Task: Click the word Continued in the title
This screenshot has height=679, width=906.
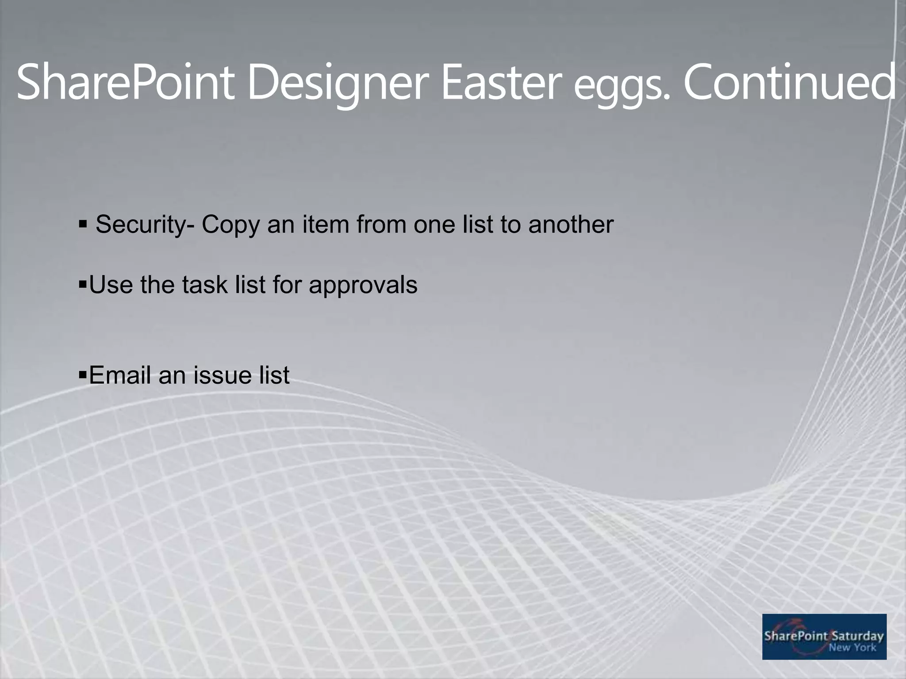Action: click(790, 82)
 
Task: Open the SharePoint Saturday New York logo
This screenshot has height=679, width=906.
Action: click(824, 637)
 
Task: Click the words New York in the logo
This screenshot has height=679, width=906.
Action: click(852, 648)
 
